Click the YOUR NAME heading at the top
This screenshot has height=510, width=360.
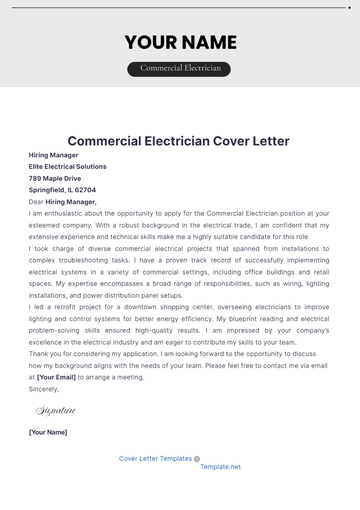pyautogui.click(x=180, y=42)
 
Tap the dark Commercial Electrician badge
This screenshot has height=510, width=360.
pyautogui.click(x=179, y=69)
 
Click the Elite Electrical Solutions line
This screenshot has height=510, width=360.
pyautogui.click(x=68, y=166)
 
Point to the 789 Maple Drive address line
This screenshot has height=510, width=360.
pyautogui.click(x=55, y=178)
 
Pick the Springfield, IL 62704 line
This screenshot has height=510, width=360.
pyautogui.click(x=62, y=190)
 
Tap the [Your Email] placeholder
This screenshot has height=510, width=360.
pyautogui.click(x=57, y=378)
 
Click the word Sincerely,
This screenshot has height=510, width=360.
pyautogui.click(x=45, y=389)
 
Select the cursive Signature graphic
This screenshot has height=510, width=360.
pyautogui.click(x=56, y=410)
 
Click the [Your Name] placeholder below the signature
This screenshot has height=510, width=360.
pyautogui.click(x=48, y=432)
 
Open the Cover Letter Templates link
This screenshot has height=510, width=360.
pyautogui.click(x=155, y=458)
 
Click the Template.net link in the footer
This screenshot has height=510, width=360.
pyautogui.click(x=220, y=467)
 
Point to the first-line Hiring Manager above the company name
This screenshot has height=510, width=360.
pyautogui.click(x=55, y=155)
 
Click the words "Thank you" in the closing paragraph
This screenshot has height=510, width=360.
pyautogui.click(x=44, y=354)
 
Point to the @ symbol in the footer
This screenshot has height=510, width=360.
pyautogui.click(x=197, y=459)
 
